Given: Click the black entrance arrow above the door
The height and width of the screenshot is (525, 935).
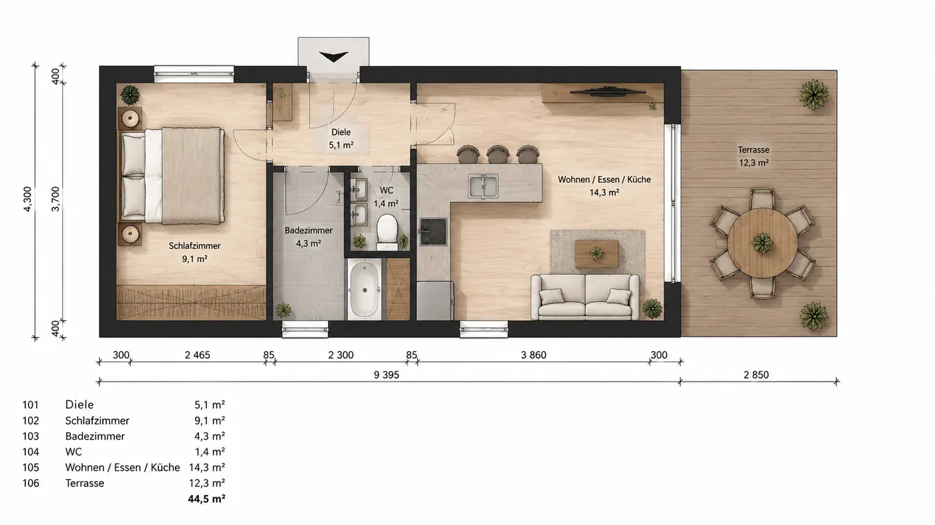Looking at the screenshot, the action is click(x=333, y=57).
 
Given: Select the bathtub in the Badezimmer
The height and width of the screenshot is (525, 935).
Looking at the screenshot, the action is click(x=365, y=290).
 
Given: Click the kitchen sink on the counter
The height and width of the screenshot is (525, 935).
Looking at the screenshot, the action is click(x=483, y=186).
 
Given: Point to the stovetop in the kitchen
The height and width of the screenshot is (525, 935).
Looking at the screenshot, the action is click(x=433, y=231).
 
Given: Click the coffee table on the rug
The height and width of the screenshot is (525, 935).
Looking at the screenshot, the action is click(x=596, y=253).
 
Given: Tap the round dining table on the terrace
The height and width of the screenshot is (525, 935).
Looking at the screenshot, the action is click(x=762, y=243).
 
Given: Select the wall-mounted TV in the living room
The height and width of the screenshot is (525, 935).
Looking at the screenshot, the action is click(x=608, y=91).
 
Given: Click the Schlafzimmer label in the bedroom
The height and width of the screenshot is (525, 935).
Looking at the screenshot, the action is click(x=194, y=246).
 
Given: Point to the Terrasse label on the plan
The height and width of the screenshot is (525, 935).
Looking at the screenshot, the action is click(x=753, y=149).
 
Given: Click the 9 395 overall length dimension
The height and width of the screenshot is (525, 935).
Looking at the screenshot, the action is click(x=387, y=375).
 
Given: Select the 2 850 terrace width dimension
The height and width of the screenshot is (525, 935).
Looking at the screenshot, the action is click(x=756, y=375).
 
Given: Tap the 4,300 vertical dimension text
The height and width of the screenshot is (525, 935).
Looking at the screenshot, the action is click(x=27, y=199).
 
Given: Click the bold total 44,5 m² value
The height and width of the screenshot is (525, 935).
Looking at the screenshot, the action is click(x=206, y=499).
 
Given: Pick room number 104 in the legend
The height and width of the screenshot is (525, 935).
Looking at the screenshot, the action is click(x=31, y=452).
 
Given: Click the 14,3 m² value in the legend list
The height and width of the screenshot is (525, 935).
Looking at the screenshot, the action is click(x=206, y=468).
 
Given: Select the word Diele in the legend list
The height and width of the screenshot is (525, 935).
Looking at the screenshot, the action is click(x=79, y=404).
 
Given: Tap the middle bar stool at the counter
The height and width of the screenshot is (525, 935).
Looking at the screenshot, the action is click(x=498, y=154).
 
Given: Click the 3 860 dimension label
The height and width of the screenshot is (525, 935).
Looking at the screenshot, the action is click(x=534, y=355).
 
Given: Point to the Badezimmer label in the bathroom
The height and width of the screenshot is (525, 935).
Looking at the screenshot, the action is click(x=309, y=231).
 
